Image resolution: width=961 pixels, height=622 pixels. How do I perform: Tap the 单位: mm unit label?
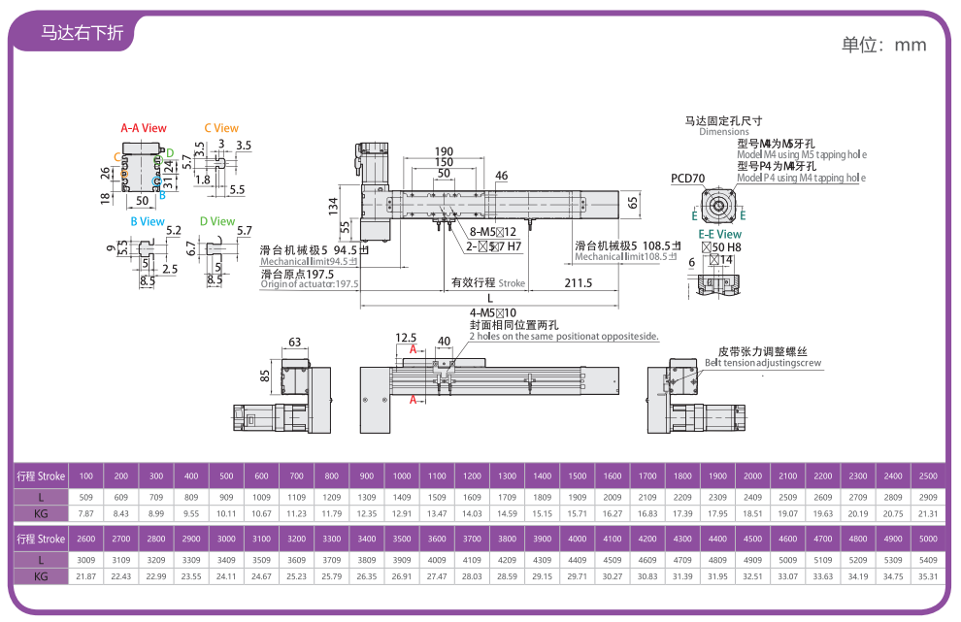click(x=883, y=45)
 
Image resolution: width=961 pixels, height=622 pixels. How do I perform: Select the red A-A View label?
click(x=143, y=128)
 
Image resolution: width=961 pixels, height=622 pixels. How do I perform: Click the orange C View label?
click(x=220, y=128)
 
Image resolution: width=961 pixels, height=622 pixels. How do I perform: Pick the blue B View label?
click(x=148, y=221)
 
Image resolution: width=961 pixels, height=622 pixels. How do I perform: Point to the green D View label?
click(x=216, y=221)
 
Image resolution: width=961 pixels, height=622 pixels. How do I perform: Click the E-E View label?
click(x=719, y=234)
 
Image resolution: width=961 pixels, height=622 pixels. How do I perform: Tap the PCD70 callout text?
click(x=687, y=179)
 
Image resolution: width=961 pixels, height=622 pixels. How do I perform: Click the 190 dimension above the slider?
click(x=444, y=151)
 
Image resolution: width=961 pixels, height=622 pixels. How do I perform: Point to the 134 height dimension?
click(x=332, y=205)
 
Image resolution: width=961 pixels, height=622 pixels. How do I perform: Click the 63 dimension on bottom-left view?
click(x=295, y=342)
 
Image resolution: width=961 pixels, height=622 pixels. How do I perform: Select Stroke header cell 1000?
click(x=401, y=476)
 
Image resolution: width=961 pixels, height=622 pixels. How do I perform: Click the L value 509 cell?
click(x=85, y=496)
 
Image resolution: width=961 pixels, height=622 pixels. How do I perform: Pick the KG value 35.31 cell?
click(x=927, y=576)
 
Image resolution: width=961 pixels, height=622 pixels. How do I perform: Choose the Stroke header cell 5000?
click(x=927, y=540)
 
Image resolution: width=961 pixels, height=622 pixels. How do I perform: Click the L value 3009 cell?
click(x=85, y=559)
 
